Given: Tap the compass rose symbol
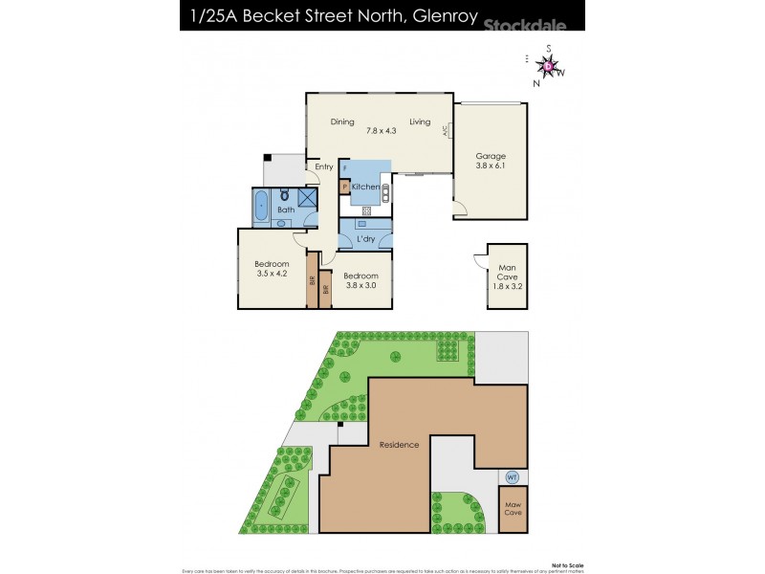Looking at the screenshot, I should point(549,66).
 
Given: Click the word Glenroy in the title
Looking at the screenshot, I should point(441,16).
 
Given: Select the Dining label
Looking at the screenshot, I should point(342,122).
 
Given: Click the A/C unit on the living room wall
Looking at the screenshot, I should point(446,133).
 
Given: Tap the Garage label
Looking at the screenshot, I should point(491,156).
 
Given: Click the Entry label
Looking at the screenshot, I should point(323,167).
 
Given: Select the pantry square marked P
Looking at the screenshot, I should point(344,188).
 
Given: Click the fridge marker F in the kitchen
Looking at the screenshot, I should point(344,168).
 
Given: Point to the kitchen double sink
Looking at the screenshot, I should point(384,192).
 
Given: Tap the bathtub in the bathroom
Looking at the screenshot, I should point(261,207).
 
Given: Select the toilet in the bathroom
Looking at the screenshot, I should point(284,195).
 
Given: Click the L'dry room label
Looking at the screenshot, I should point(364,238).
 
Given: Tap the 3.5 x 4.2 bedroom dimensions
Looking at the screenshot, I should point(272,274).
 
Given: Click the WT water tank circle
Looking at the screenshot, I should point(512,476).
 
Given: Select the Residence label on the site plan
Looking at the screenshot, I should point(399,445).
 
